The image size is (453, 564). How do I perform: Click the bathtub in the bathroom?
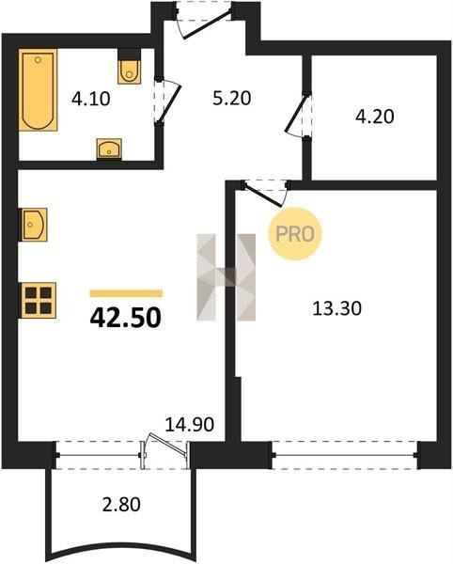point(39,89)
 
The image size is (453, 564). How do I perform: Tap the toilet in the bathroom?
point(130,71)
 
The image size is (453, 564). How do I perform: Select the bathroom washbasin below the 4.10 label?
point(109,149)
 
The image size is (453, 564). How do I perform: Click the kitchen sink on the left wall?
point(33,225)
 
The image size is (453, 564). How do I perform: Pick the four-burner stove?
point(38,301)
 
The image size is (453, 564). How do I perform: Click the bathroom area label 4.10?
point(90,99)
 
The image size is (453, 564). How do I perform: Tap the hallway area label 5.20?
point(231,98)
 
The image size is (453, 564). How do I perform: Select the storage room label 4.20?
point(375,117)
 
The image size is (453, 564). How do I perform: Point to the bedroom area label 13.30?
point(336,308)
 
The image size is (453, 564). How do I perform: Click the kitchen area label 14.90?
point(190,425)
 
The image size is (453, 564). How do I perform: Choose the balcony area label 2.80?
point(121,504)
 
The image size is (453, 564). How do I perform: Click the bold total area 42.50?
point(125,319)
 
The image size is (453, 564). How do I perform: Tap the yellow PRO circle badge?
point(295,234)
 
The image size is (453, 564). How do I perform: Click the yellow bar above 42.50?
point(126,293)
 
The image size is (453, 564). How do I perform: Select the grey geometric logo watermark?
point(226,277)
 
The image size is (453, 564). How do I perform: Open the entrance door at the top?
point(207,24)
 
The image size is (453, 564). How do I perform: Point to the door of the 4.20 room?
point(297,114)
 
